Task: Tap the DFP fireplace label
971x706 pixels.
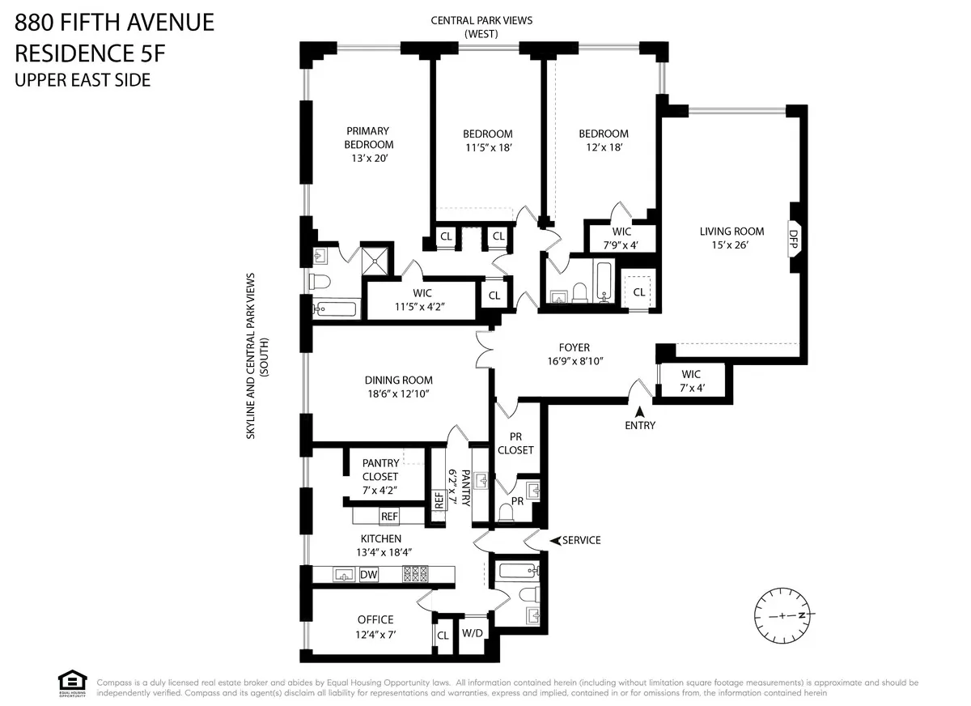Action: point(793,240)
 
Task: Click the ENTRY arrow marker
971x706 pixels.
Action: point(639,412)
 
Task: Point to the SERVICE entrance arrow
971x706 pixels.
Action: point(555,540)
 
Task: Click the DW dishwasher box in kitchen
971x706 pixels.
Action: point(369,575)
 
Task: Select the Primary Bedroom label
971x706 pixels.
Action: point(368,138)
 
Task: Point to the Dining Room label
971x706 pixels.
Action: point(398,380)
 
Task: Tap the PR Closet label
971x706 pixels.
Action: point(515,443)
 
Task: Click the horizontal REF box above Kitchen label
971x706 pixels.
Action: point(389,516)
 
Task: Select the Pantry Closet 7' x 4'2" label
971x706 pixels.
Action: point(379,476)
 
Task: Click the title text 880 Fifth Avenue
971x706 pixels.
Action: point(115,23)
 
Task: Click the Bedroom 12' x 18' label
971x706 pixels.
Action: point(603,140)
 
